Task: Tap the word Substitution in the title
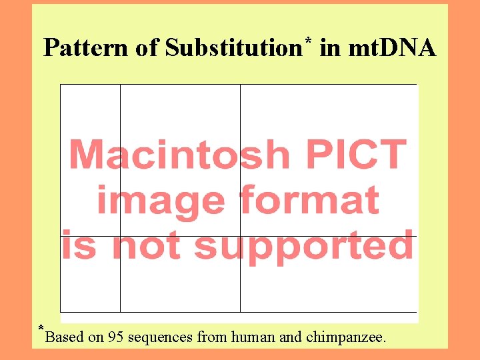(233, 48)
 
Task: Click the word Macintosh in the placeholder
(180, 155)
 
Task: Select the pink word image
(160, 201)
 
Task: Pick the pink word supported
(303, 245)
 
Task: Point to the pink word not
(147, 245)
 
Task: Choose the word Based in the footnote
(65, 337)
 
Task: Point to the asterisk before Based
(41, 329)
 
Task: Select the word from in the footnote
(212, 337)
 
